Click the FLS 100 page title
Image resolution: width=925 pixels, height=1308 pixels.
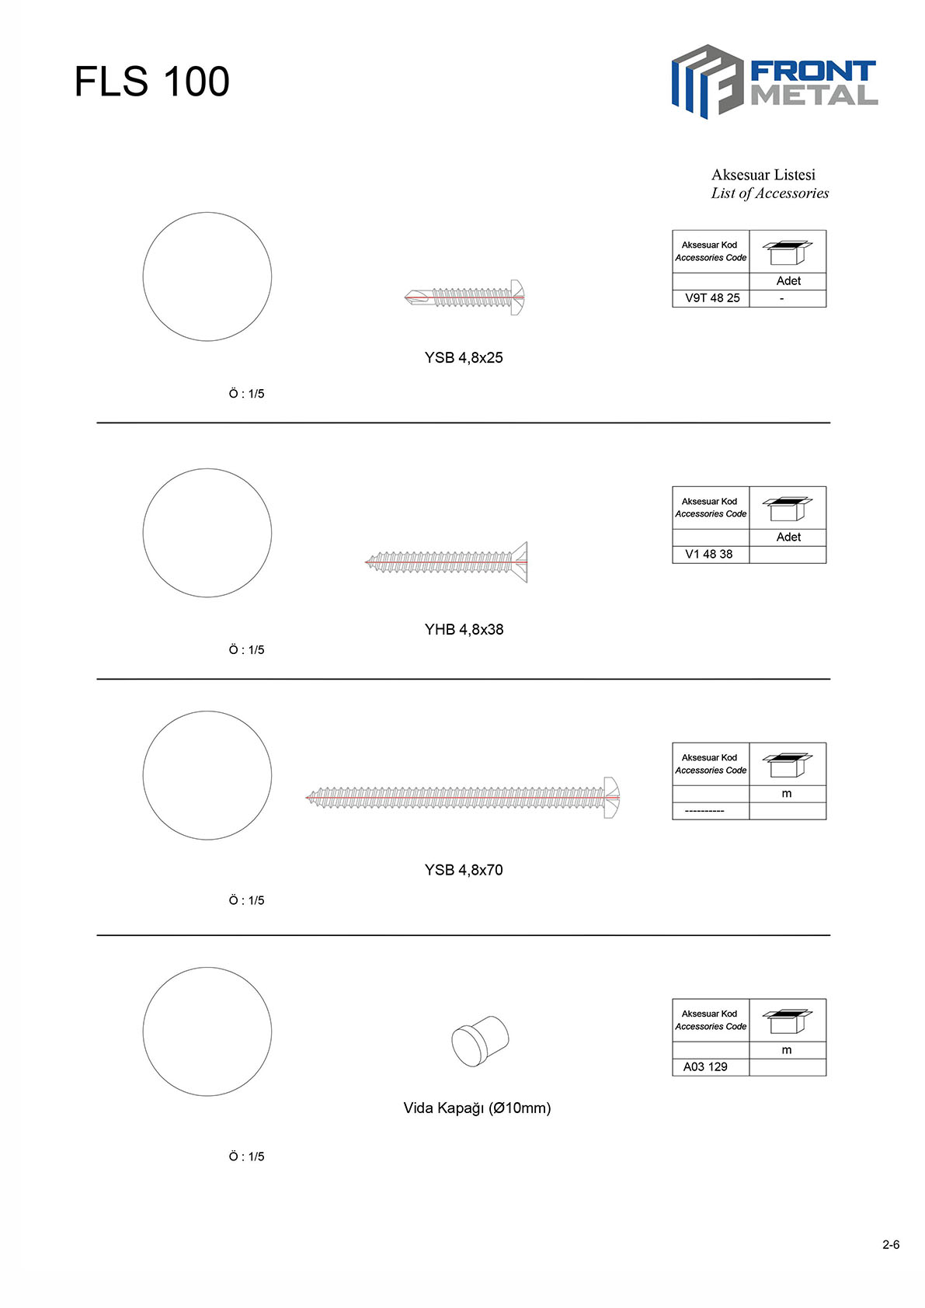click(x=151, y=81)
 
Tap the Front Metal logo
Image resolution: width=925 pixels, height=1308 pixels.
click(x=774, y=82)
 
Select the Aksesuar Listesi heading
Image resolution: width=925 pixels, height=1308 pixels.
click(x=763, y=175)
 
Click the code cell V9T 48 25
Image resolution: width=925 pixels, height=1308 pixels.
click(x=712, y=297)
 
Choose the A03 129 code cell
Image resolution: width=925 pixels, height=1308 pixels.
click(x=705, y=1067)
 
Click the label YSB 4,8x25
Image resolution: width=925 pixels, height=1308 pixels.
click(x=464, y=358)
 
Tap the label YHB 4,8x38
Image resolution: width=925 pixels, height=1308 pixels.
click(x=464, y=629)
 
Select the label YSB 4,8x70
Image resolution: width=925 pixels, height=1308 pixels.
click(x=464, y=870)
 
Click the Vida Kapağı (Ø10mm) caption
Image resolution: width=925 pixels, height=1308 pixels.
click(x=477, y=1108)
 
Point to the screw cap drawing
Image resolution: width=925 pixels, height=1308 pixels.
click(x=480, y=1041)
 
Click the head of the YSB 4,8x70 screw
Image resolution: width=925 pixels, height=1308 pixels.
click(x=611, y=797)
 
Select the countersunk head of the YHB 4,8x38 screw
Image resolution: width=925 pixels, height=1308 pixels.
click(x=520, y=562)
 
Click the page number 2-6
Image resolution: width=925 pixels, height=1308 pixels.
click(x=891, y=1245)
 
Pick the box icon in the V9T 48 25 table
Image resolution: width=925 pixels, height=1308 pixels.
click(x=788, y=252)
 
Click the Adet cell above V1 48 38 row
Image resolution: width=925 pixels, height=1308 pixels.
click(x=788, y=537)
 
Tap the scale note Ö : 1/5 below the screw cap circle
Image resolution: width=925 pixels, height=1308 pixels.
click(x=246, y=1157)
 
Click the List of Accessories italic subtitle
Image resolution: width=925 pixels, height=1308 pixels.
click(x=770, y=193)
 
